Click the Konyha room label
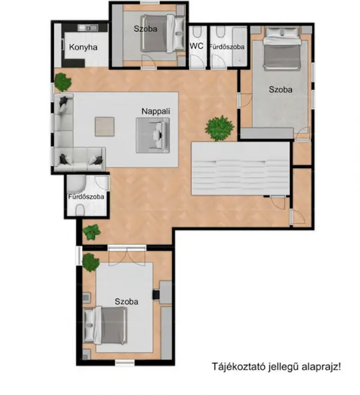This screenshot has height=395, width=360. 83,47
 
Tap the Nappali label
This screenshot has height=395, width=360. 156,111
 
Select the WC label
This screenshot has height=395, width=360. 197,46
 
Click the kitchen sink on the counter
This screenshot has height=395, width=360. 88,28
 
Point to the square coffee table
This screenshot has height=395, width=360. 104,127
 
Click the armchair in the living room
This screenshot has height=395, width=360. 153,135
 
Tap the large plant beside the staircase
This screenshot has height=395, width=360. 220,128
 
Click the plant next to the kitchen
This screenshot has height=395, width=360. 63,82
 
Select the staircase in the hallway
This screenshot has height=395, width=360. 241,168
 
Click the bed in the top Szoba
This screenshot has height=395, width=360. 163,34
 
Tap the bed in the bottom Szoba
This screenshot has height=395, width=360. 106,325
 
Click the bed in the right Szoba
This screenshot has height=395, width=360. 282,49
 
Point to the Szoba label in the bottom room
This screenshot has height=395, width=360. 127,301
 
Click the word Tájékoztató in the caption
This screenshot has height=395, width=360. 238,367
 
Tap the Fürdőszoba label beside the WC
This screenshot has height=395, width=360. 227,47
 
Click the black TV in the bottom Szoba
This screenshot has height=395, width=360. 156,295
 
